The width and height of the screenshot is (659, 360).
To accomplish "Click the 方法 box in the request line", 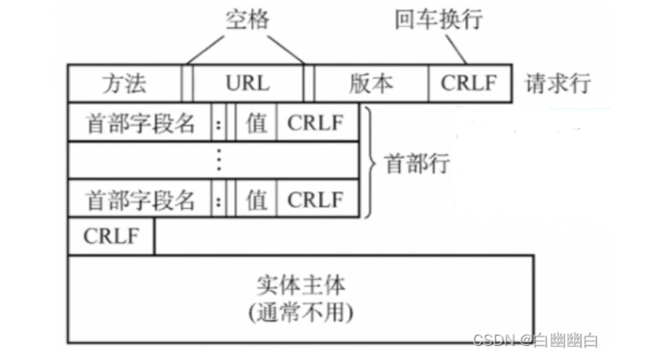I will tap(124, 83).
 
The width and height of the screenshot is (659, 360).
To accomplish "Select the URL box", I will tap(248, 83).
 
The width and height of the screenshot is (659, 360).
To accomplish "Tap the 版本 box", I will tap(371, 83).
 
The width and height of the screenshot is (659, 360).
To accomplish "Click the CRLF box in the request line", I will tap(469, 83).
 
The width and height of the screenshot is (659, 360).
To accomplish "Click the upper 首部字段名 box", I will tap(140, 122).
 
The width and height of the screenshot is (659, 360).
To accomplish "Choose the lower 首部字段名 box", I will tap(140, 199).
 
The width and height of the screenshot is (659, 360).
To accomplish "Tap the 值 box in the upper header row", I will tap(256, 122).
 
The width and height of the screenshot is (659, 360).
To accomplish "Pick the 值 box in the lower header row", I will tap(256, 199).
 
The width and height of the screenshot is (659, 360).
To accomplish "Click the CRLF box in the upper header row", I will tap(317, 122).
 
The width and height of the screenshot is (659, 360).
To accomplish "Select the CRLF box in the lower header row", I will tap(317, 199).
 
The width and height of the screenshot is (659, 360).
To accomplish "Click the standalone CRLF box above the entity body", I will tap(111, 237).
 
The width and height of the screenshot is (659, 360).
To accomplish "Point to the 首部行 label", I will tap(417, 163).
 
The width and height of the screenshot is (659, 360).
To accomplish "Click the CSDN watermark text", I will tap(535, 341).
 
